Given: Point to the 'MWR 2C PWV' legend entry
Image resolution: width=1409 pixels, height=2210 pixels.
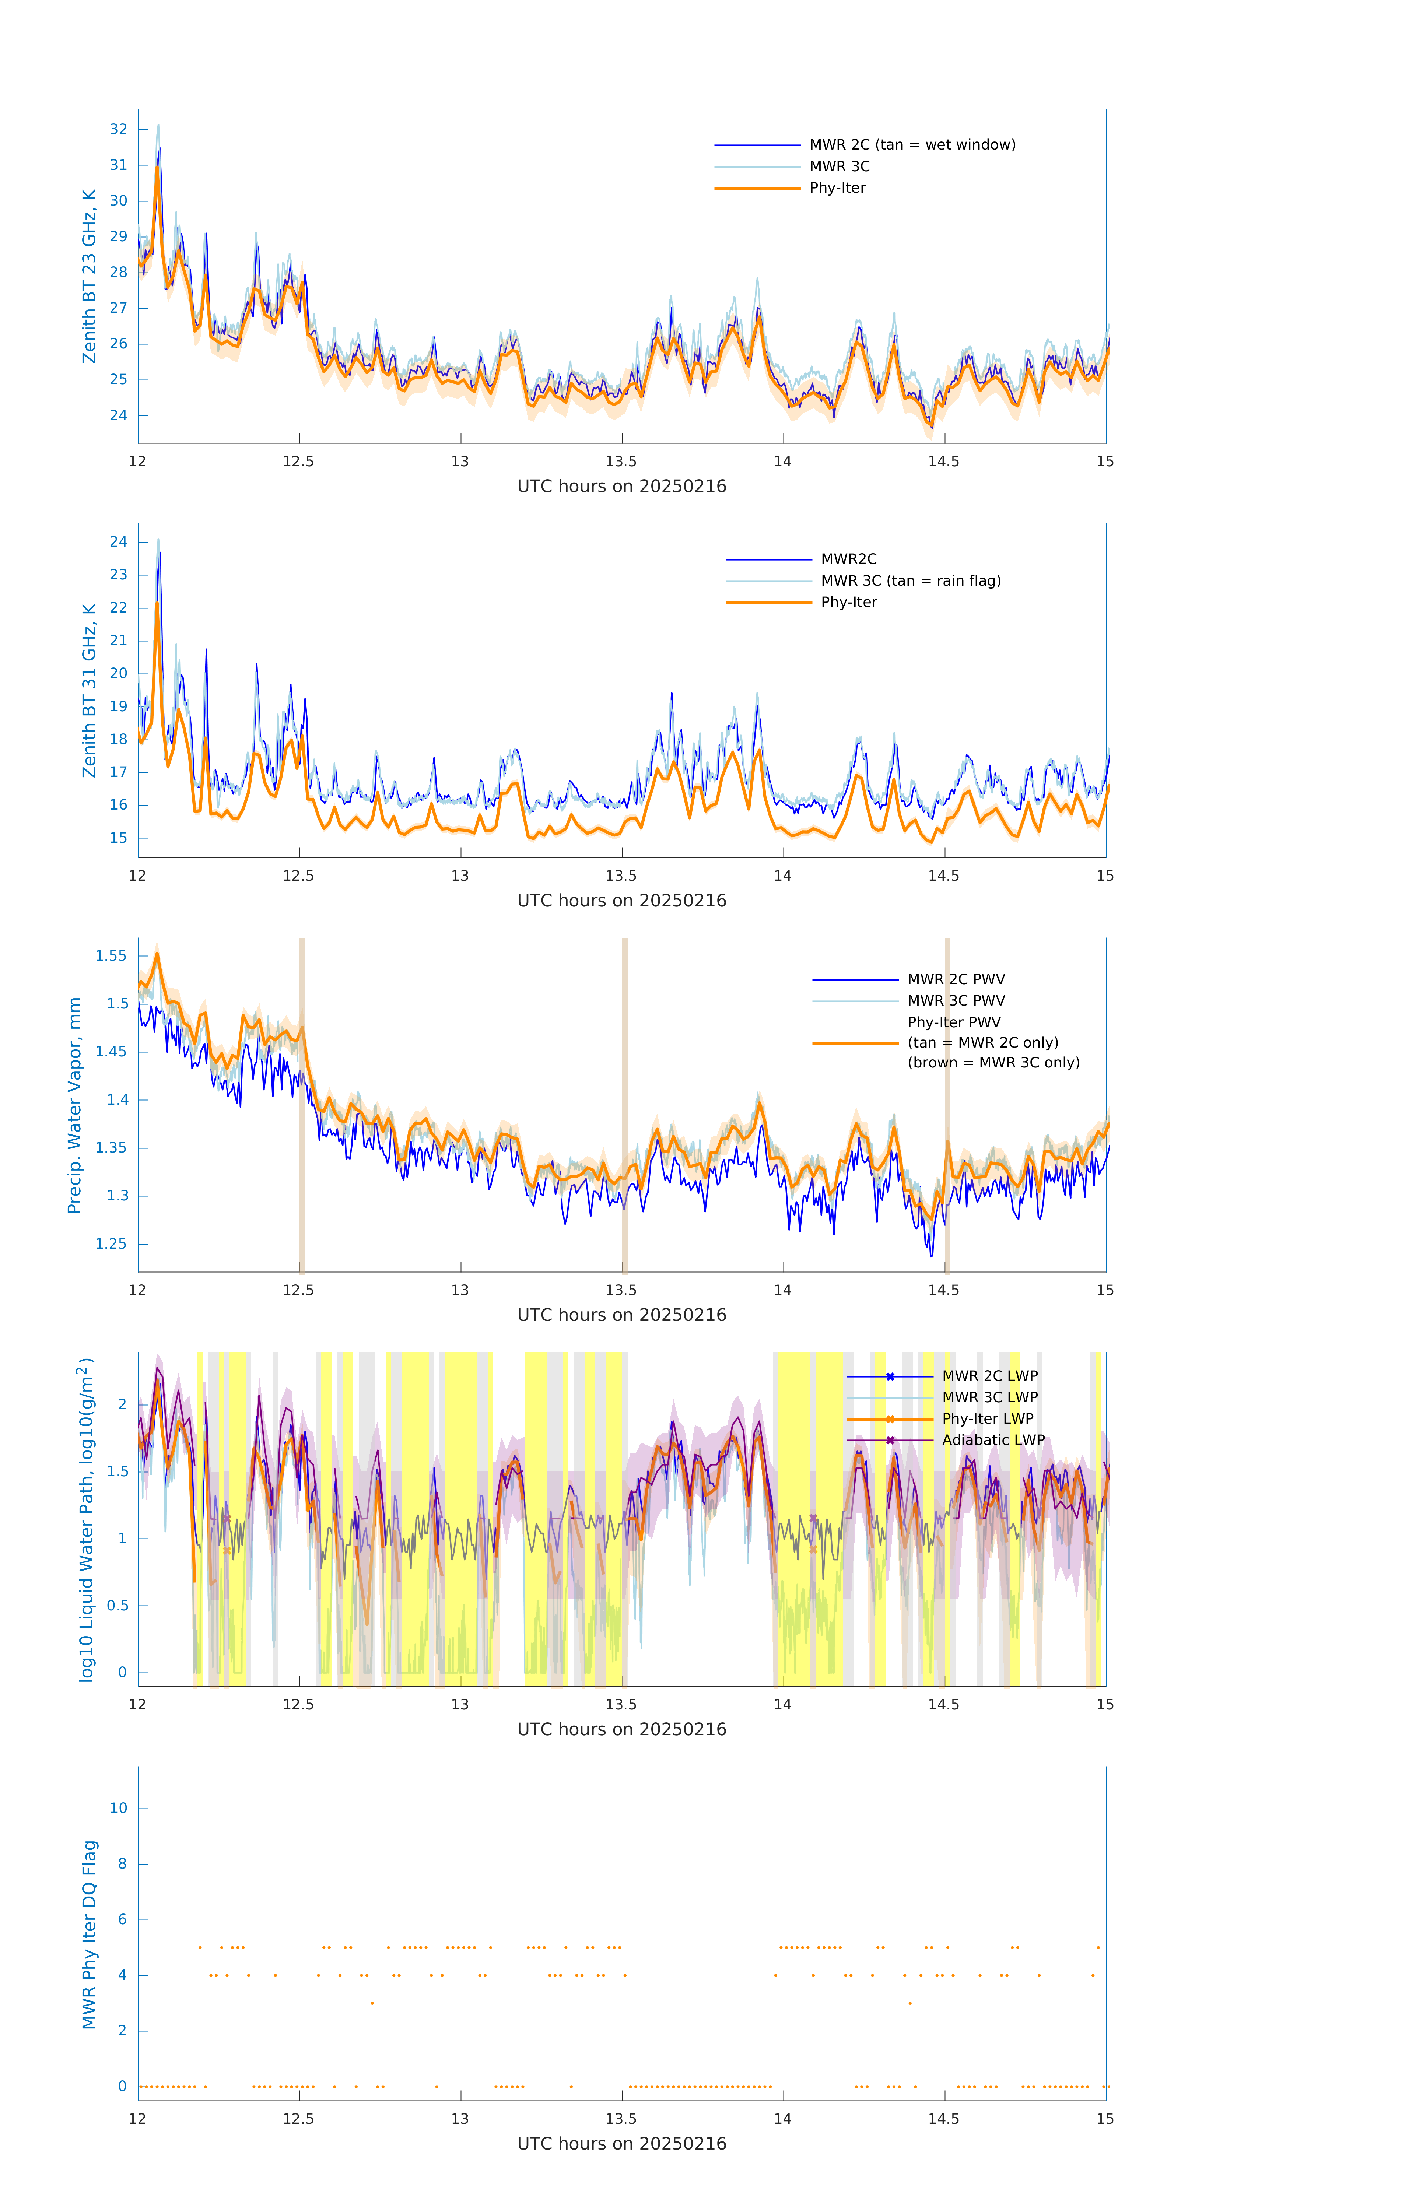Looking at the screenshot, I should click(956, 979).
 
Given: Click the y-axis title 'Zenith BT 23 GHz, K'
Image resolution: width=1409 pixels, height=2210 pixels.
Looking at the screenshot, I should click(89, 276).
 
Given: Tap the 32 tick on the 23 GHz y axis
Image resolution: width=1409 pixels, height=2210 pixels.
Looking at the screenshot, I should click(118, 129).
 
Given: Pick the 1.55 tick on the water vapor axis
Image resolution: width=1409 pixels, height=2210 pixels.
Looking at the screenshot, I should click(111, 956).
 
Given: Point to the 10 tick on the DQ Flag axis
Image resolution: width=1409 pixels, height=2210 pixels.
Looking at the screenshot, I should click(118, 1808).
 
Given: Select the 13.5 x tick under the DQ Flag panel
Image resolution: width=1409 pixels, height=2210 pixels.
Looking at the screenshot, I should click(621, 2119).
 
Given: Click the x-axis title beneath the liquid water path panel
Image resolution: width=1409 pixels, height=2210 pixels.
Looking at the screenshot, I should click(621, 1729).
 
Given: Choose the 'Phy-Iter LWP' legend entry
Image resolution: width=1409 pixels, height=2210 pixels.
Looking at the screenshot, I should click(987, 1419).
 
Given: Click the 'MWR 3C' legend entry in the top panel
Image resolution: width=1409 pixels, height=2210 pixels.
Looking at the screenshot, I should click(839, 166).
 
